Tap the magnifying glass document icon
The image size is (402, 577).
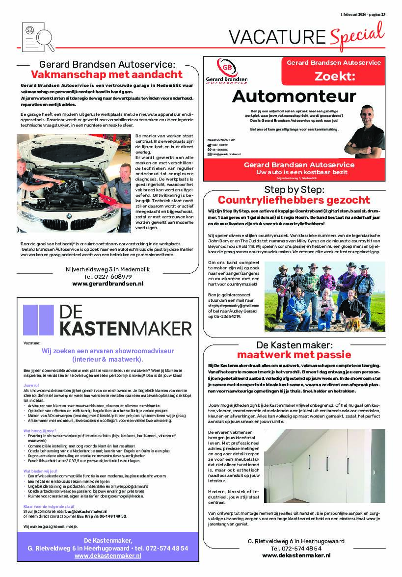coord(38,36)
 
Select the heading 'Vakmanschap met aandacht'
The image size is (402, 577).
coord(107,75)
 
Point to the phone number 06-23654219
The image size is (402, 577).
coord(228,316)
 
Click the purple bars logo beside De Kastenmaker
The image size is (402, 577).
coord(38,320)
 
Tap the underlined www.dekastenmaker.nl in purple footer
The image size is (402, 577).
coord(107,556)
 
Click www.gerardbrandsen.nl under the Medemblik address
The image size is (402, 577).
coord(107,283)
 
